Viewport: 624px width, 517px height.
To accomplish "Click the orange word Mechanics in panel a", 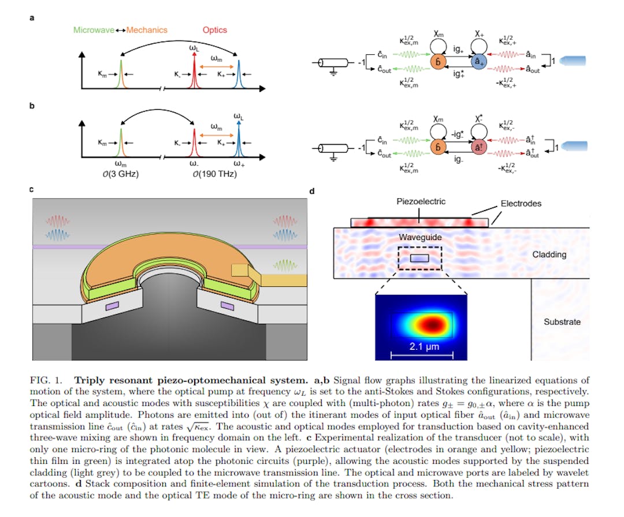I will [147, 30].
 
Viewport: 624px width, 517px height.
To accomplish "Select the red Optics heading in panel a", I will [215, 30].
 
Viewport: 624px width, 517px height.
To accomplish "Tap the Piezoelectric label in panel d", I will [421, 202].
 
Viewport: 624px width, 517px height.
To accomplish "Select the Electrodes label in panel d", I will [521, 204].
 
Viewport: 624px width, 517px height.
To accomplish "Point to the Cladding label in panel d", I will [549, 254].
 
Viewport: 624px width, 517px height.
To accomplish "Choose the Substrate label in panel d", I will [562, 322].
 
